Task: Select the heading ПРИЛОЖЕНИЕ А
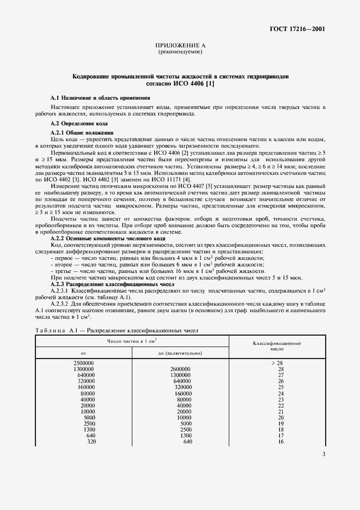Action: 180,46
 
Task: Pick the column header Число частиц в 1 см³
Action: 132,341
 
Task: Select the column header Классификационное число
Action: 277,347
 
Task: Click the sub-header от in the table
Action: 83,353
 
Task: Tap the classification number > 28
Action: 277,362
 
